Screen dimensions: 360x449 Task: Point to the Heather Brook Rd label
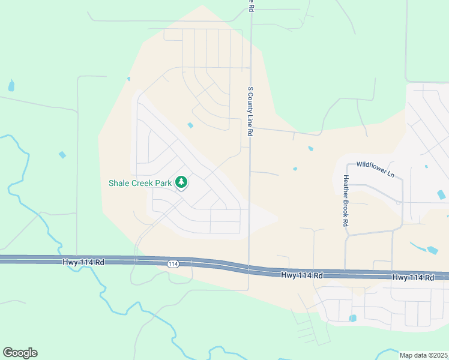(346, 200)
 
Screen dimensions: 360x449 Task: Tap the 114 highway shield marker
(173, 264)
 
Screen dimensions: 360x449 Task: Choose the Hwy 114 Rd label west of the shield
(83, 262)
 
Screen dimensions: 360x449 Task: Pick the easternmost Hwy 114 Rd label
(413, 278)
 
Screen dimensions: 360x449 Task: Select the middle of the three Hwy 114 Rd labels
(302, 275)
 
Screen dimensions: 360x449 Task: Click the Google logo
(20, 353)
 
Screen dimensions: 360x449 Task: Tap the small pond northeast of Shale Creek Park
(190, 125)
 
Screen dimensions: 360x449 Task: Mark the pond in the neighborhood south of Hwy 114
(352, 318)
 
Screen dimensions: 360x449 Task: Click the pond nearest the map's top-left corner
(11, 86)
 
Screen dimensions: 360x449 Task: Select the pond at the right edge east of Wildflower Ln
(442, 194)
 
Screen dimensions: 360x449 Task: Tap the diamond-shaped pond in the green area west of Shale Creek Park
(62, 155)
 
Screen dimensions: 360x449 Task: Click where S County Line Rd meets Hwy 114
(249, 268)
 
